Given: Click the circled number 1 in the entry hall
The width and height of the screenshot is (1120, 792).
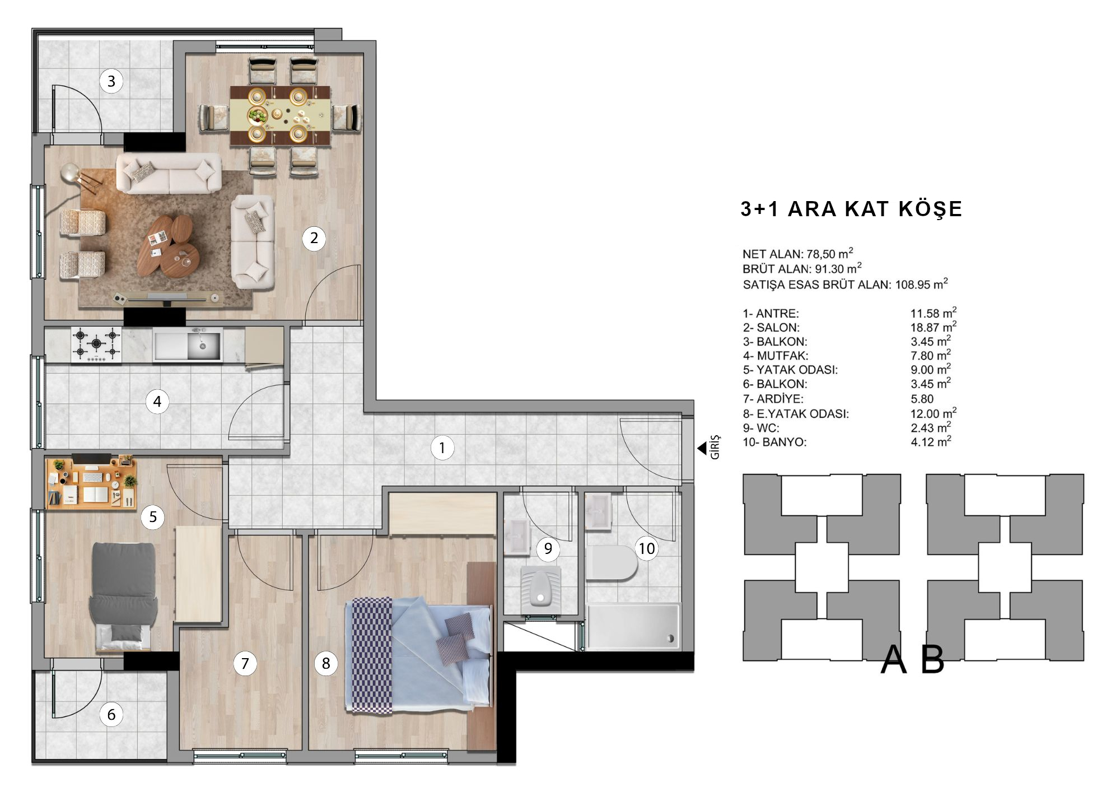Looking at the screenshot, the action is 442,448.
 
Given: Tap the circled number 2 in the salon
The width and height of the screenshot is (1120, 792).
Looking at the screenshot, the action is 314,238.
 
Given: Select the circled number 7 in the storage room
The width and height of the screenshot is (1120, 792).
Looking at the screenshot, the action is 245,664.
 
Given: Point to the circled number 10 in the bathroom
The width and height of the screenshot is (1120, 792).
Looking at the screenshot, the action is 647,548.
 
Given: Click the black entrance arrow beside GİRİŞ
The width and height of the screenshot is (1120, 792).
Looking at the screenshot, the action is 701,448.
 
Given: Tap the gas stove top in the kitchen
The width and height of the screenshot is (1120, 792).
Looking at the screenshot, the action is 96,344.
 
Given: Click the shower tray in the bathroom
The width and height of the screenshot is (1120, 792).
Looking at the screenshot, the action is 633,626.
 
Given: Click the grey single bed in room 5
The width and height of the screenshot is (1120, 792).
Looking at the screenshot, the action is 123,597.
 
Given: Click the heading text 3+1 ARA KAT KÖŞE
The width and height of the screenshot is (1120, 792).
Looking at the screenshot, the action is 851,209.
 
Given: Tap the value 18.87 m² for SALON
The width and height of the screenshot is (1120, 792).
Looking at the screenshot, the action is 933,327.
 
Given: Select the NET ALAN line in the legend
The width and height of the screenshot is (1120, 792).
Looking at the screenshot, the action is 798,253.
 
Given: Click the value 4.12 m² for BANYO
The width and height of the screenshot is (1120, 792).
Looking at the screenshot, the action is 931,441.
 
